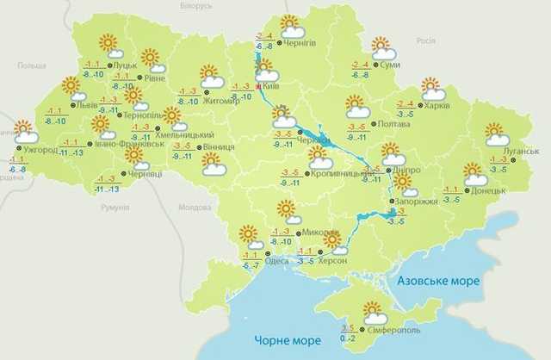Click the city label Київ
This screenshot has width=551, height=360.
(x=273, y=84)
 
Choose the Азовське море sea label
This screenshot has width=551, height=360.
(x=438, y=282)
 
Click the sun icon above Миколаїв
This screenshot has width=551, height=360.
(x=286, y=211)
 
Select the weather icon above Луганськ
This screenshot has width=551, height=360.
(x=496, y=133)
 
